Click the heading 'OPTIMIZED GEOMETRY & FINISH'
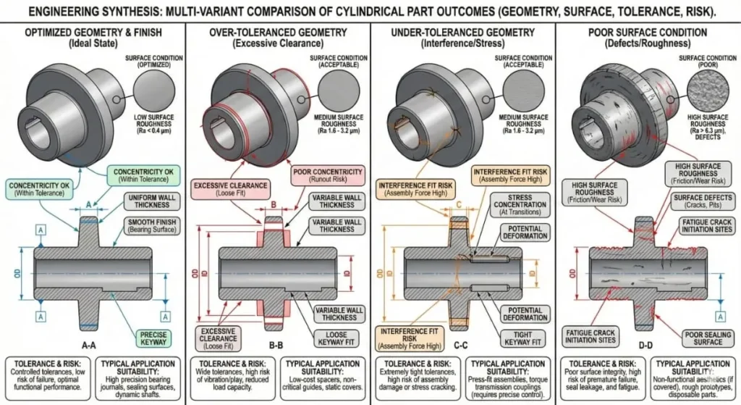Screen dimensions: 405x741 [93, 33]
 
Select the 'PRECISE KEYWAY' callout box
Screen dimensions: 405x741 [154, 338]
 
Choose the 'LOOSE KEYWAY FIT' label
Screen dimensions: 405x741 [336, 338]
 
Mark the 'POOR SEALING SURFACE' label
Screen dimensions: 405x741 [703, 338]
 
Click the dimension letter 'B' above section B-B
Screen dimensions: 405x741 [274, 205]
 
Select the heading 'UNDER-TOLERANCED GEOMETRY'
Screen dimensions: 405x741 [462, 33]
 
